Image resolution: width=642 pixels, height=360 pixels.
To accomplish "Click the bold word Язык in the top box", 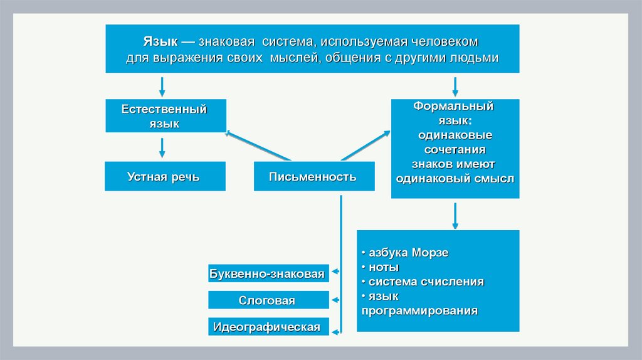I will tap(159, 42).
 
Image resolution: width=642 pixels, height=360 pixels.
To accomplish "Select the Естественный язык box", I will tap(166, 115).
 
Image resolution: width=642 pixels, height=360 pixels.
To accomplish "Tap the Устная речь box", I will tap(164, 176).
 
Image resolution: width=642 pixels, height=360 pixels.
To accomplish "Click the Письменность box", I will tap(313, 176).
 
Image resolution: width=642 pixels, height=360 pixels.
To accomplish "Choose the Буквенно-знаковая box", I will tap(268, 274).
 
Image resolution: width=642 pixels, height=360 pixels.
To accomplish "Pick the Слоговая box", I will tap(268, 300).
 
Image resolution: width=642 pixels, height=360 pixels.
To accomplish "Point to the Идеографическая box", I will tap(268, 327).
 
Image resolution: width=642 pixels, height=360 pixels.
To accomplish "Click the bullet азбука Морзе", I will tap(408, 253).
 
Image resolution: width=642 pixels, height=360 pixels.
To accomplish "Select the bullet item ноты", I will tap(380, 267).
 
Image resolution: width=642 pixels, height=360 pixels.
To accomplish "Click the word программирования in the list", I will tap(419, 310).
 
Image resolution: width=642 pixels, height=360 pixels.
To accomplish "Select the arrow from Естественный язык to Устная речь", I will tap(162, 147).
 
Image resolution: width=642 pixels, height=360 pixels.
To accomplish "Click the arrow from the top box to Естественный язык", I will tap(162, 86).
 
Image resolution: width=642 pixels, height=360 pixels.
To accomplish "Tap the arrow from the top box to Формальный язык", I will tap(455, 86).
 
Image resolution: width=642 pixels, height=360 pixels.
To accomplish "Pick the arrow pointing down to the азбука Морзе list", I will tap(455, 216).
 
